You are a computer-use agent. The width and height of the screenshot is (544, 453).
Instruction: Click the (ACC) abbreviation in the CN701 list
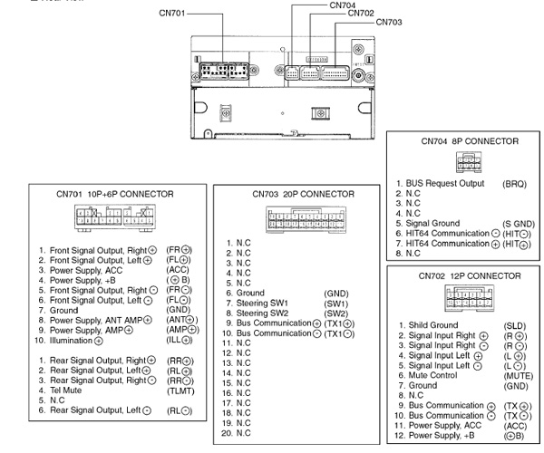point(179,270)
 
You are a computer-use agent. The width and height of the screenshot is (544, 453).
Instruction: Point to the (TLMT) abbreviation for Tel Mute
point(181,390)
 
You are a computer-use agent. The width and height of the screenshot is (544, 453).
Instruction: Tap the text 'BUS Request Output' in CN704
point(445,183)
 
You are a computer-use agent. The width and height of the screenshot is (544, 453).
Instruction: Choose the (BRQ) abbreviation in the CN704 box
point(514,183)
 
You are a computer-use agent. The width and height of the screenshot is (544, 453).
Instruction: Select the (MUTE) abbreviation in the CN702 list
point(517,374)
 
